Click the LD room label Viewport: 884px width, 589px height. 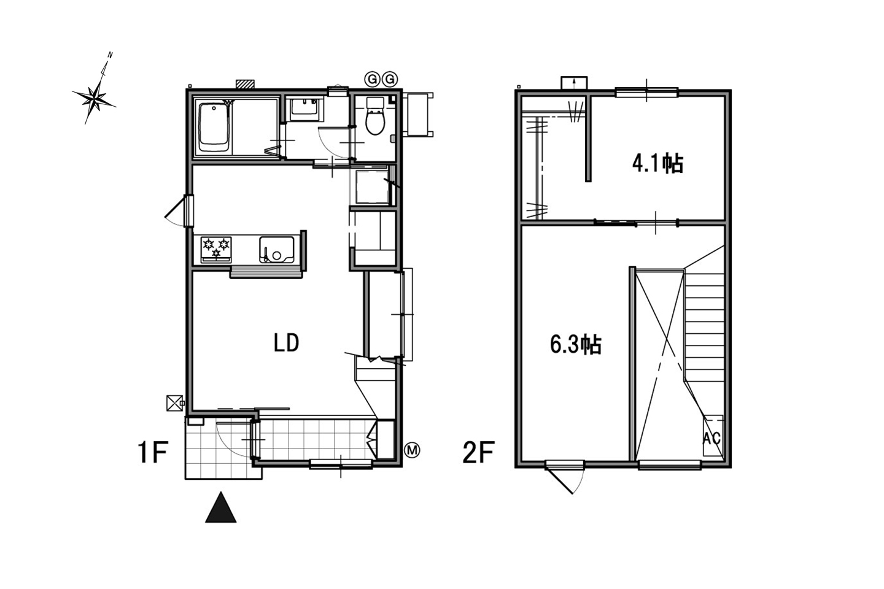tap(286, 342)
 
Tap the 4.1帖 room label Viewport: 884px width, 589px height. tap(657, 163)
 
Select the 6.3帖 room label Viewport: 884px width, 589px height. tap(576, 344)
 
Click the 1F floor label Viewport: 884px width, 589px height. tap(153, 452)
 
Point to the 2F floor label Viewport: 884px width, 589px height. tap(478, 452)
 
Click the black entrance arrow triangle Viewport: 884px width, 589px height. tap(220, 507)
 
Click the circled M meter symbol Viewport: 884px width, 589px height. tap(413, 450)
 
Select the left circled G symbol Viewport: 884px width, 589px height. tap(371, 79)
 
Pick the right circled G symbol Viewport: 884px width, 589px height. tap(389, 79)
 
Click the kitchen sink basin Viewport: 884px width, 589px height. tap(277, 249)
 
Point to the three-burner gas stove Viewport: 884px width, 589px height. tap(216, 249)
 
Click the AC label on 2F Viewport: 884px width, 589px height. tap(712, 438)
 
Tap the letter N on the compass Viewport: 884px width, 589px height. tap(110, 55)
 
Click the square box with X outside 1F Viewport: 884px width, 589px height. tap(175, 403)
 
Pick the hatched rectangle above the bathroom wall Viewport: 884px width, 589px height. tap(246, 84)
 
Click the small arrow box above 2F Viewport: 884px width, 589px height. tap(574, 83)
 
